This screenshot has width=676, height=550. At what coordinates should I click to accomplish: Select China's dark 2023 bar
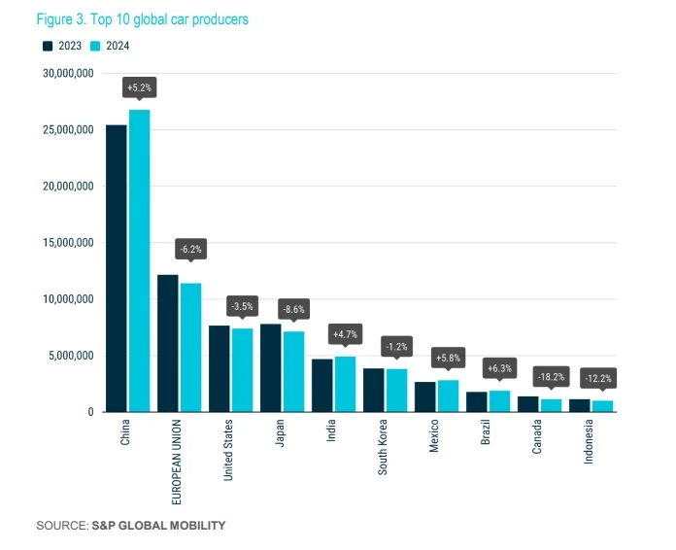[x=117, y=268]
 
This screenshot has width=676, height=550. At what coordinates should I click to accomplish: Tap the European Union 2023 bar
[x=167, y=343]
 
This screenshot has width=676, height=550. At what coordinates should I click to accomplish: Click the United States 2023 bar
[x=220, y=368]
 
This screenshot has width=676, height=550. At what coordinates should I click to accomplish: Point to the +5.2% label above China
[x=139, y=87]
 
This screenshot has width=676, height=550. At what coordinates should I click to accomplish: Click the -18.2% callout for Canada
[x=552, y=375]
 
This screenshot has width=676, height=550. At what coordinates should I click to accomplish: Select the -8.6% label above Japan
[x=292, y=308]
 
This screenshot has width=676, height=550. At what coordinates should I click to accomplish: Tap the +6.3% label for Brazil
[x=499, y=368]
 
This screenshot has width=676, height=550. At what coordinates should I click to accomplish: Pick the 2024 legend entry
[x=110, y=46]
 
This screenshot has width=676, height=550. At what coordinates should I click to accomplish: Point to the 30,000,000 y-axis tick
[x=67, y=73]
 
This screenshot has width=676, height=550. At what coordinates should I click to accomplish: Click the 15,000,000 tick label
[x=67, y=243]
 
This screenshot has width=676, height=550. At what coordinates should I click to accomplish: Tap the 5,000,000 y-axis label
[x=70, y=356]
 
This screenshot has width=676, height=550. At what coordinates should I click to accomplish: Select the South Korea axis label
[x=383, y=446]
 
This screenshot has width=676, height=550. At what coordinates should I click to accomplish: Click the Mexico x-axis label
[x=434, y=436]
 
